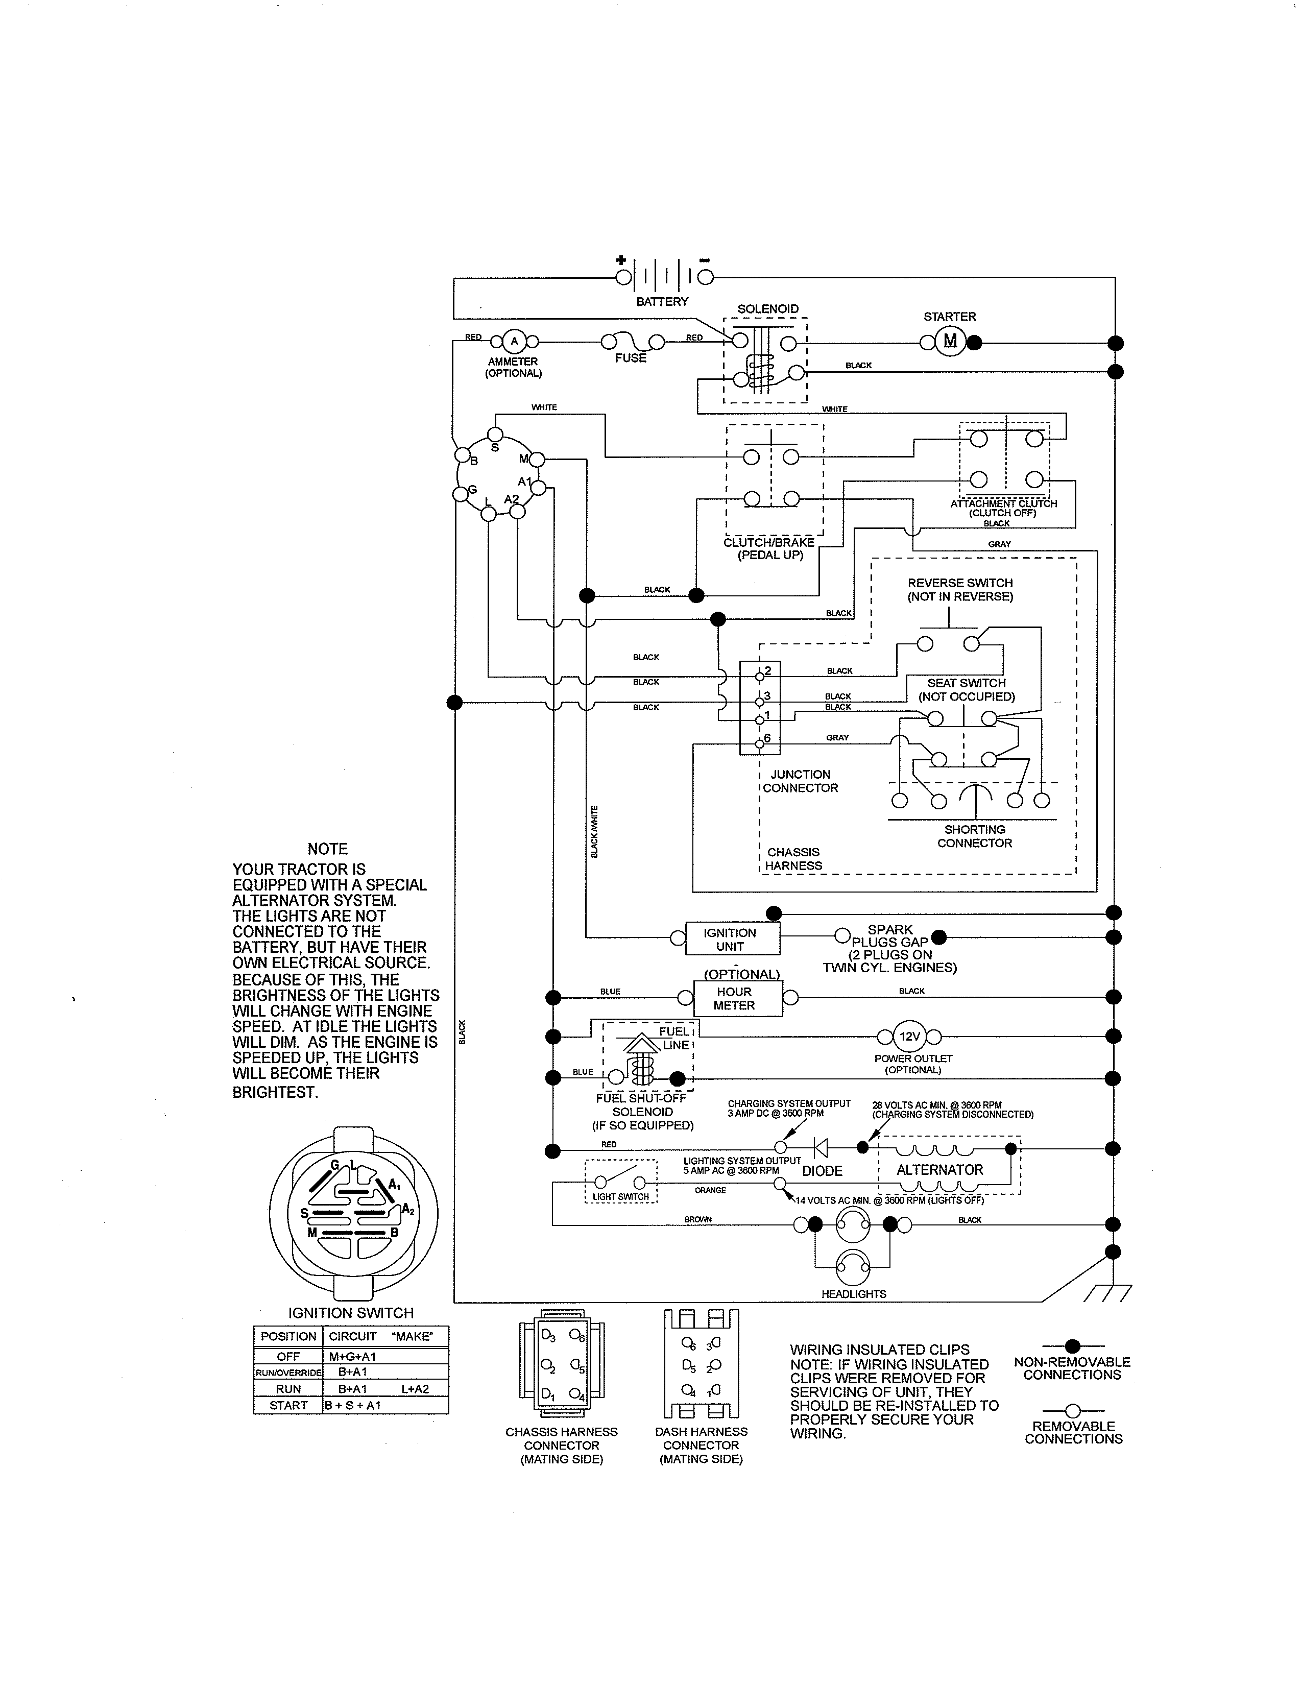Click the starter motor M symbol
click(950, 341)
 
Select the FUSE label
click(630, 358)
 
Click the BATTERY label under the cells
click(662, 302)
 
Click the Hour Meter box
click(734, 998)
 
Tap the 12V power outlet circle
click(910, 1036)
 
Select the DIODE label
click(822, 1170)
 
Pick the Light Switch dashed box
click(621, 1181)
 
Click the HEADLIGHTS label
click(853, 1294)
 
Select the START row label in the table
click(288, 1406)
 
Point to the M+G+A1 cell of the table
click(352, 1356)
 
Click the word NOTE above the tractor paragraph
click(327, 849)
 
